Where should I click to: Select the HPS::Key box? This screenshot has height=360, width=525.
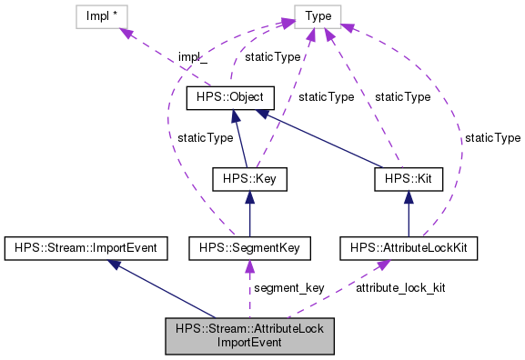[x=249, y=179]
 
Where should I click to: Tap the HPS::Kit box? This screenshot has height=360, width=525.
[x=408, y=179]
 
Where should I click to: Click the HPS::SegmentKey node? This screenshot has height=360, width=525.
[x=250, y=246]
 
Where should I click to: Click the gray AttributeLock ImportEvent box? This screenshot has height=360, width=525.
[x=250, y=335]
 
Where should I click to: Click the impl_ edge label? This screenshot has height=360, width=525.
[x=192, y=56]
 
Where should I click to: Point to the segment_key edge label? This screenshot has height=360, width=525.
[x=290, y=287]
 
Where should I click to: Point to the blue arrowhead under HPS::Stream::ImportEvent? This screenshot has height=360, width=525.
[x=114, y=263]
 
